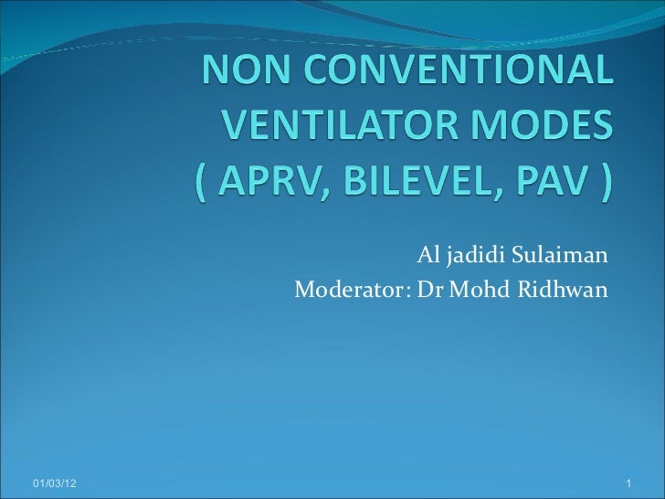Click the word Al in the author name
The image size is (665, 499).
click(427, 255)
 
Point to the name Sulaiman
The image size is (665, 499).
click(558, 255)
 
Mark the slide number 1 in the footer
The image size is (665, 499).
click(630, 482)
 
